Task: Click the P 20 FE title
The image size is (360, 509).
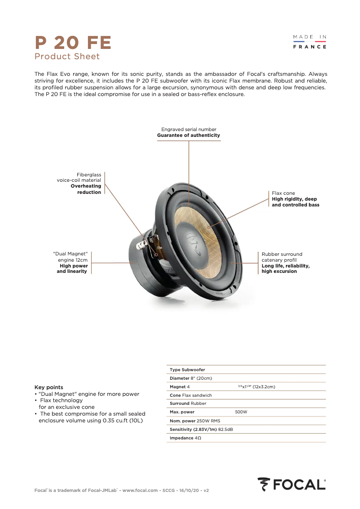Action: (x=73, y=43)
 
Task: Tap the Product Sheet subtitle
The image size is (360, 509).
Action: (x=67, y=57)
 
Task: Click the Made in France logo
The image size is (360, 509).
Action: (x=310, y=42)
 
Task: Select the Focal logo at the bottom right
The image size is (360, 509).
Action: (x=292, y=485)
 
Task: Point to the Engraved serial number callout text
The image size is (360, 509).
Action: (x=189, y=129)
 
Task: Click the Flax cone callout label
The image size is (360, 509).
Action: (x=283, y=193)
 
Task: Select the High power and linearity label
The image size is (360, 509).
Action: (x=72, y=268)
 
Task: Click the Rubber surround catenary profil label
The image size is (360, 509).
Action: (x=282, y=257)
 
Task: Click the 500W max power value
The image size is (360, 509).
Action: (x=241, y=412)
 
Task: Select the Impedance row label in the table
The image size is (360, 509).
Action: (x=181, y=438)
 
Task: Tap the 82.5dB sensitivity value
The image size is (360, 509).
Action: (x=225, y=430)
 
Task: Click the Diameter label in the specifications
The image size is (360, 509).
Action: (x=180, y=378)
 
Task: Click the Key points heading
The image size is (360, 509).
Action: (x=49, y=387)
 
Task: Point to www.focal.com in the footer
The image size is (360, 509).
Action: (x=140, y=491)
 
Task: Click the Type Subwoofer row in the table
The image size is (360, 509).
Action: (x=187, y=370)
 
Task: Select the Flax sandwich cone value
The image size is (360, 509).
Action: (x=197, y=395)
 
